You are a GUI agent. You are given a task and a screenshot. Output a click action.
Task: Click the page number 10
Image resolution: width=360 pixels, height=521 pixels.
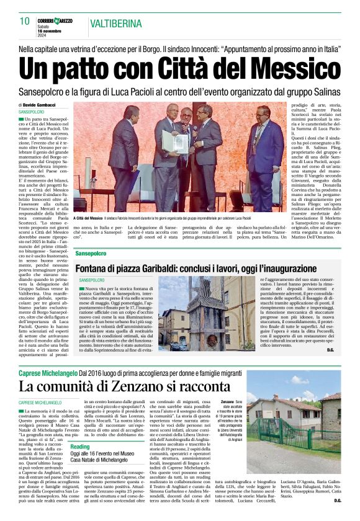click(25, 21)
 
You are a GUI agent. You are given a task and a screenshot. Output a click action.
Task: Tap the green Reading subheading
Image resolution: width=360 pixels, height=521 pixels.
click(79, 446)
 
